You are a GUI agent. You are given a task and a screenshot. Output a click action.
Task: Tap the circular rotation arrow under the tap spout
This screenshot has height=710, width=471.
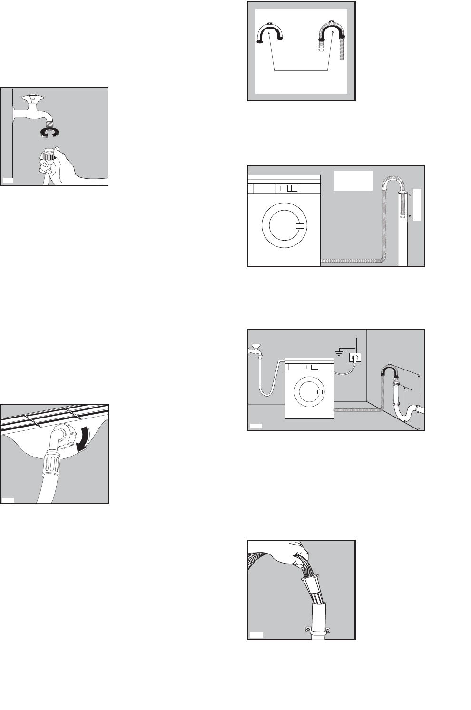click(50, 132)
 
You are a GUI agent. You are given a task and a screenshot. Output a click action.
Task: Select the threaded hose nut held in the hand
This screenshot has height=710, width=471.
click(49, 155)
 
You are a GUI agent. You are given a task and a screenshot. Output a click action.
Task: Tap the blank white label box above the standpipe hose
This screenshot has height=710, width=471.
click(353, 181)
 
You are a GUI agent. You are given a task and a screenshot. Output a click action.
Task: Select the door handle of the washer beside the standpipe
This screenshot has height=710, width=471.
click(300, 226)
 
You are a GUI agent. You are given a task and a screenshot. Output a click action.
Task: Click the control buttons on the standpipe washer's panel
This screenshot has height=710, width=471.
click(292, 188)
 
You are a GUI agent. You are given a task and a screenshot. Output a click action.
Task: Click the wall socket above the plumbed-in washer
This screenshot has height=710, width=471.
click(355, 358)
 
